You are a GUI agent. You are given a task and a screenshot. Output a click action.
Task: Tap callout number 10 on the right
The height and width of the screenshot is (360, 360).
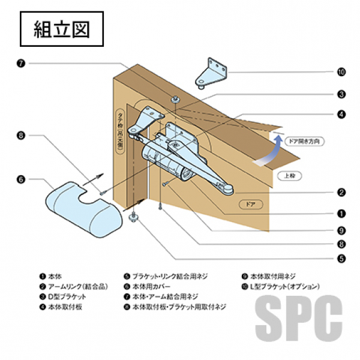pyautogui.click(x=341, y=73)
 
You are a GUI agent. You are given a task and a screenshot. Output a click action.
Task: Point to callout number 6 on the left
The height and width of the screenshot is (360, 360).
pyautogui.click(x=20, y=179)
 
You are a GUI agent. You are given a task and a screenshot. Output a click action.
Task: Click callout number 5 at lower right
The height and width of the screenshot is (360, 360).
pyautogui.click(x=341, y=259)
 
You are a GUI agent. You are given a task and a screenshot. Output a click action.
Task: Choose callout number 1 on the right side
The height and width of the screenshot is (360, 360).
pyautogui.click(x=341, y=212)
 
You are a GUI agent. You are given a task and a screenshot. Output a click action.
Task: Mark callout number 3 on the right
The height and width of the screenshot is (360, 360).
pyautogui.click(x=341, y=94)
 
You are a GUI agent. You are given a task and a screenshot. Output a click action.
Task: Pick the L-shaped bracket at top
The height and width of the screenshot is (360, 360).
pyautogui.click(x=214, y=72)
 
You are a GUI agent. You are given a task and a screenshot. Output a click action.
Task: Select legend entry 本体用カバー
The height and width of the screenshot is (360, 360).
pyautogui.click(x=150, y=286)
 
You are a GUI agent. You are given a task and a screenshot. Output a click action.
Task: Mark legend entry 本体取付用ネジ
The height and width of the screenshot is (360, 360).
pyautogui.click(x=269, y=277)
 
